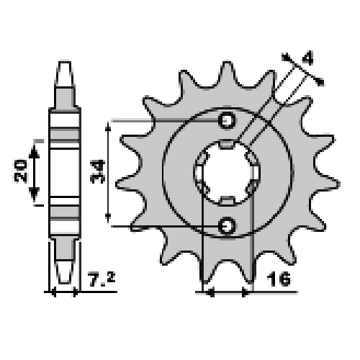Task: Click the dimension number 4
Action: coord(307,57)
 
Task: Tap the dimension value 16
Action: coord(279,279)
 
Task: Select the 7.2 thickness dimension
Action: coord(102,279)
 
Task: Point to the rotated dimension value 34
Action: coord(97,172)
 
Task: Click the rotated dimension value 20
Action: coord(20,171)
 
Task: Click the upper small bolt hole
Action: coord(227,120)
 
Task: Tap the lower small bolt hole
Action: coord(227,225)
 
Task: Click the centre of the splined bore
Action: coord(227,172)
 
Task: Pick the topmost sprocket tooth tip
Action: coord(227,63)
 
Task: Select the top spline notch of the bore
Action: coord(227,144)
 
